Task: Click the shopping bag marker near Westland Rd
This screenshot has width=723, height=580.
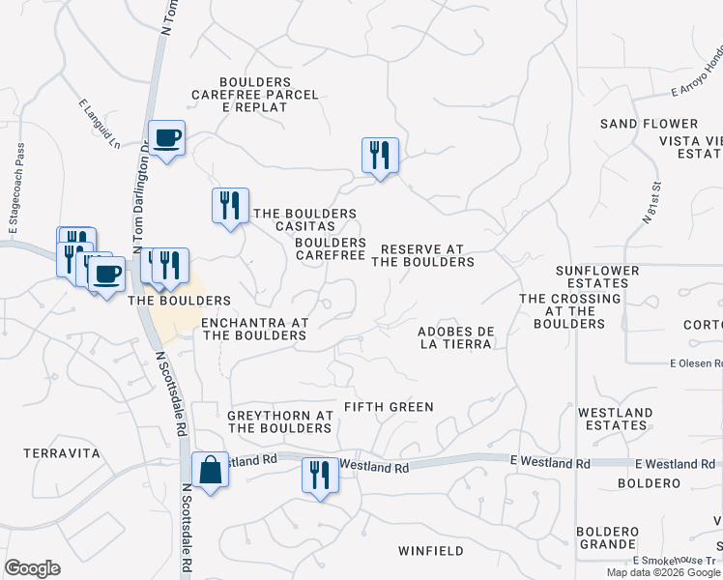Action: pos(210,471)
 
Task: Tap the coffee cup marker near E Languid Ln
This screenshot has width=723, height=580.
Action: pos(166,139)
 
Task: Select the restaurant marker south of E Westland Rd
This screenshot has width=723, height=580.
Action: pos(320,476)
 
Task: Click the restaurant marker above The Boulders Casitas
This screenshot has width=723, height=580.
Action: pos(230,206)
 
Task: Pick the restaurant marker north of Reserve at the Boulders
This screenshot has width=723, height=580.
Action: pos(380,156)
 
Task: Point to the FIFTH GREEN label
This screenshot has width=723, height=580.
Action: pos(390,407)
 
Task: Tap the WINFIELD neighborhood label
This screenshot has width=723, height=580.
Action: pos(431,551)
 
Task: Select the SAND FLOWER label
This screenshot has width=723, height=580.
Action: pos(649,124)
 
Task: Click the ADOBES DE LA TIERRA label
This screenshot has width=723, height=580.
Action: pos(456,337)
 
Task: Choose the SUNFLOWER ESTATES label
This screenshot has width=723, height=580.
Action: pos(597,277)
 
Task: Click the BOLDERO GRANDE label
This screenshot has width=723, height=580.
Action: pos(608,537)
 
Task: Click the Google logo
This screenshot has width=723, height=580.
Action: pos(32,568)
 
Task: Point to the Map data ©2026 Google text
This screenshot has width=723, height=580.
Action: pos(663,572)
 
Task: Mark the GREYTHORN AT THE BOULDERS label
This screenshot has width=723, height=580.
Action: pos(280,421)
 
